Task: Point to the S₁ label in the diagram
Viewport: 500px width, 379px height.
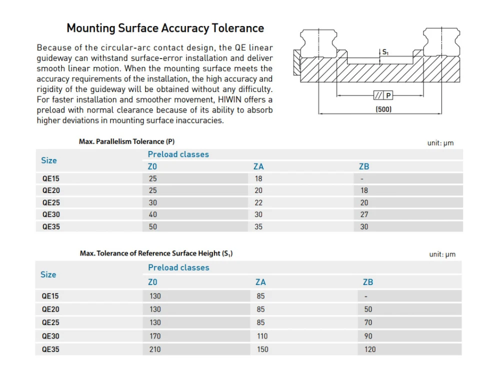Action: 385,51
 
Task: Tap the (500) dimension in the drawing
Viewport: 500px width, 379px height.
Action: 383,109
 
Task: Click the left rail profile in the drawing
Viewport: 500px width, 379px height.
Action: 318,42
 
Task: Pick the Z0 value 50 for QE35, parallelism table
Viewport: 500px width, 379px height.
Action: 152,226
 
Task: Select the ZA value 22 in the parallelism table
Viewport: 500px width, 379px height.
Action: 258,202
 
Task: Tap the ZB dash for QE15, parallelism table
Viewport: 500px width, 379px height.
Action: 361,178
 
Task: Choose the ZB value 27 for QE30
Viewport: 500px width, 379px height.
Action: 364,214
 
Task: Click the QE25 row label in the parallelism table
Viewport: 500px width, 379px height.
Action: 51,202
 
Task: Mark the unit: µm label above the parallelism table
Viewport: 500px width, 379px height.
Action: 440,143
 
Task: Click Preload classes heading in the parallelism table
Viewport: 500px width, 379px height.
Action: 178,154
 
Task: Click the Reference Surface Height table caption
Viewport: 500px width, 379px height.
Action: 156,253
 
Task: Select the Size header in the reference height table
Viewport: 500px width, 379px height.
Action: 48,274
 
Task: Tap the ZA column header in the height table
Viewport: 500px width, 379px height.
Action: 260,282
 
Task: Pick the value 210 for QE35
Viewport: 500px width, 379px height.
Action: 155,349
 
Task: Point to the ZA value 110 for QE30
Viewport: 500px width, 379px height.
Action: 262,336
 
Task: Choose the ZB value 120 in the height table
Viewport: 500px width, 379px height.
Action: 370,349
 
